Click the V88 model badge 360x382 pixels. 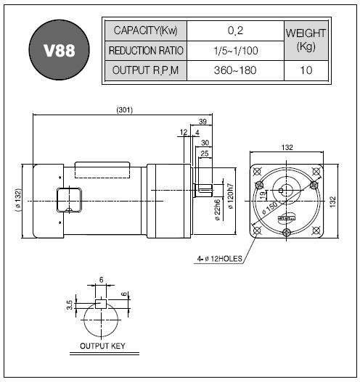coord(60,50)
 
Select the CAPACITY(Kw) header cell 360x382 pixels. coord(146,30)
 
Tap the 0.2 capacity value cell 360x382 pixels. coord(235,30)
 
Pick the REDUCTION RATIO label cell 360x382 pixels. coord(146,51)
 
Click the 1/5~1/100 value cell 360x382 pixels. coord(235,51)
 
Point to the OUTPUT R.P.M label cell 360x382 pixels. coord(146,70)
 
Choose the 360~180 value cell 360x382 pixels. coord(235,70)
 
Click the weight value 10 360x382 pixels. coord(306,70)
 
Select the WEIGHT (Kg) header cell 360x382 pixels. coord(306,41)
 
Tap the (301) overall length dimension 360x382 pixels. coord(125,110)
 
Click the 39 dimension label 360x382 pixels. coord(202,121)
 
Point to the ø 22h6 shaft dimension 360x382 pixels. coord(217,210)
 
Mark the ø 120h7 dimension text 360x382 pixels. coord(231,196)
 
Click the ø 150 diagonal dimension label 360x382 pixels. coord(270,208)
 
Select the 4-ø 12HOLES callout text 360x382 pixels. coord(219,259)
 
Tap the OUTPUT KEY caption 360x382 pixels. coord(102,346)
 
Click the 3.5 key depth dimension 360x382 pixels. coord(70,305)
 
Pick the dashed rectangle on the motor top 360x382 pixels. coord(102,170)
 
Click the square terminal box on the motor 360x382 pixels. coord(69,200)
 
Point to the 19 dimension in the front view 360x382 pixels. coord(263,195)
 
